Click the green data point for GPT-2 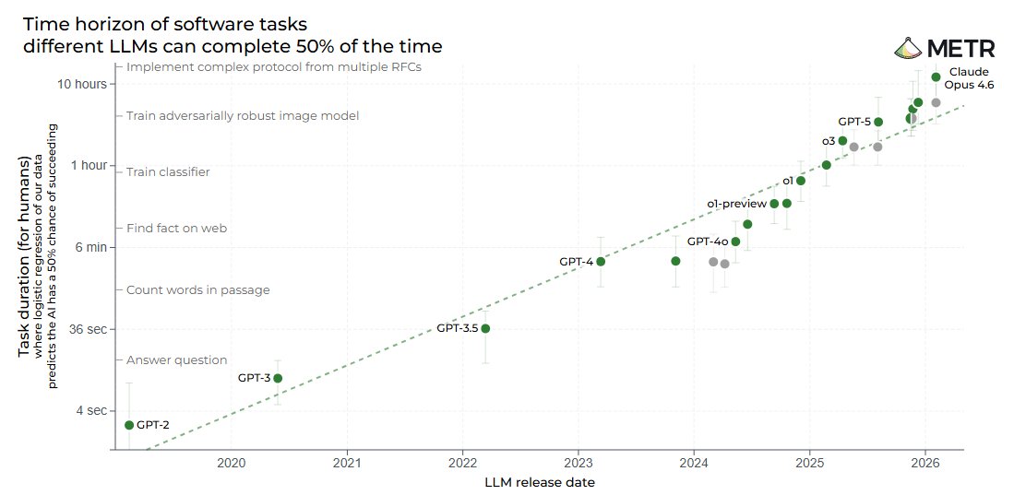tap(129, 425)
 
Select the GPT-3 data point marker tap(278, 378)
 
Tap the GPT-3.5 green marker tap(485, 328)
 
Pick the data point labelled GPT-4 tap(601, 262)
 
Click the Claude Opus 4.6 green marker tap(936, 77)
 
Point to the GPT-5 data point tap(878, 122)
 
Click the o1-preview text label tap(736, 204)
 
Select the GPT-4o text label tap(708, 242)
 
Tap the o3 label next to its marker tap(829, 141)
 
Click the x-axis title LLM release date tap(540, 482)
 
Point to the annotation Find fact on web tap(176, 229)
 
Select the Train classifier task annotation tap(168, 172)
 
